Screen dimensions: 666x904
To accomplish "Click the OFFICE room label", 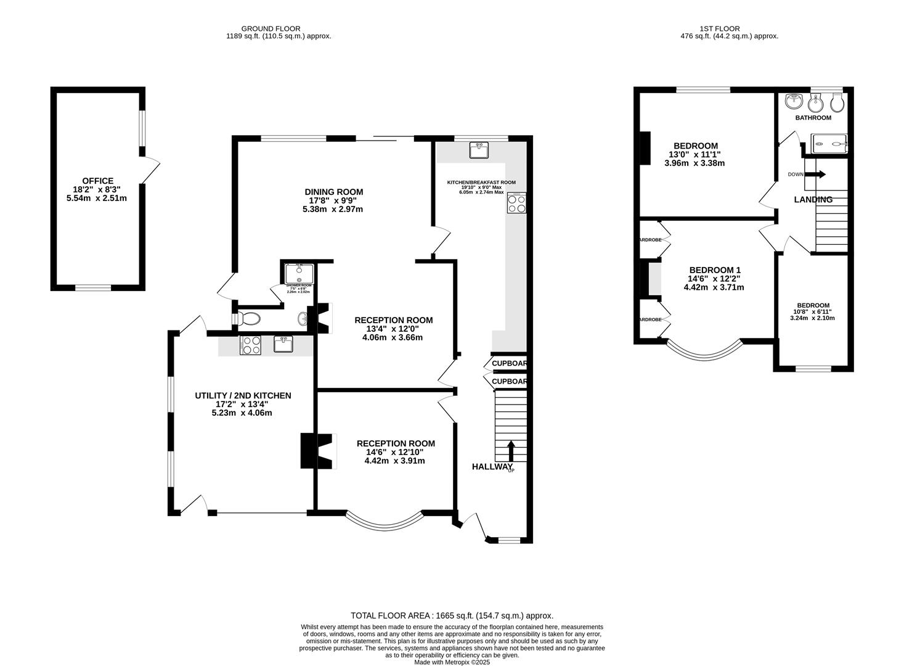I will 98,181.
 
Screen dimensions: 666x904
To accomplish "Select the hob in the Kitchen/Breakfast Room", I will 516,203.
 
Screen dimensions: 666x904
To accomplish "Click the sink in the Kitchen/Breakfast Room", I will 479,149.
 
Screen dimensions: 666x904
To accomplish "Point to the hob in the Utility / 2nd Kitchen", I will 250,346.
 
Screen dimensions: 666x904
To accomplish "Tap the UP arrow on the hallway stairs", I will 511,451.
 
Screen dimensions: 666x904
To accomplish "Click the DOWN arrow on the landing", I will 816,175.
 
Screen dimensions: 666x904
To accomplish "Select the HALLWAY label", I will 492,467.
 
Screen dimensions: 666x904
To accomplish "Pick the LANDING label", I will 813,200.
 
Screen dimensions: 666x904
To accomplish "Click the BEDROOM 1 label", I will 714,270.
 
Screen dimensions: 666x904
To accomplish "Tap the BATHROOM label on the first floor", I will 813,118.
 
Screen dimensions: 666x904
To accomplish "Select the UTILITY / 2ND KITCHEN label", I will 243,395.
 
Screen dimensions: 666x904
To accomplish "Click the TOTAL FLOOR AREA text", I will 452,615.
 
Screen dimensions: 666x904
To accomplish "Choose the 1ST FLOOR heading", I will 719,28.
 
